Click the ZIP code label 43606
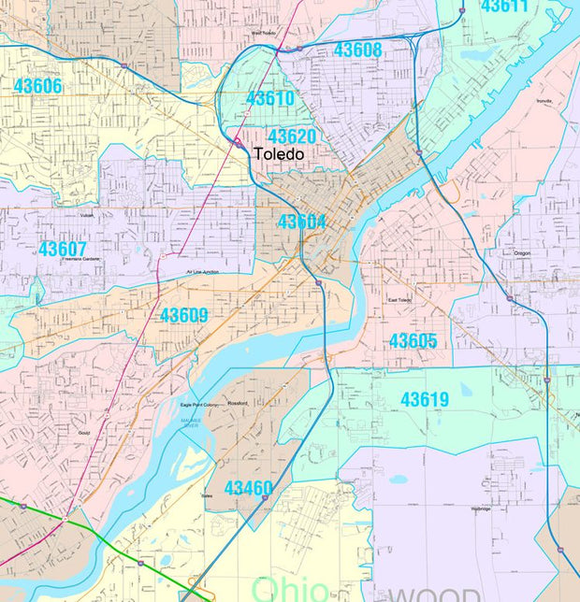coord(37,86)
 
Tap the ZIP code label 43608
coord(357,50)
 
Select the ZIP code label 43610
coord(270,98)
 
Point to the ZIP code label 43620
coord(292,136)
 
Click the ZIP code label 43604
coord(301,222)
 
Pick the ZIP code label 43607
coord(63,249)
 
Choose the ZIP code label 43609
coord(183,315)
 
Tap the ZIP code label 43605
coord(413,341)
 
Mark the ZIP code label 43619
coord(425,399)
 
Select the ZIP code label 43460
coord(249,488)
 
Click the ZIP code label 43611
coord(504,7)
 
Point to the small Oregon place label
coord(522,252)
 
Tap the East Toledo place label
coord(400,300)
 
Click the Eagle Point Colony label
coord(198,405)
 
